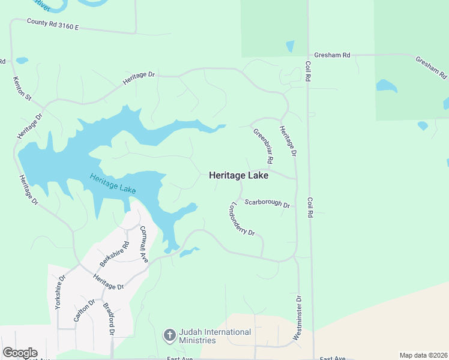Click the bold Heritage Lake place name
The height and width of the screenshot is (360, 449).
pos(238,176)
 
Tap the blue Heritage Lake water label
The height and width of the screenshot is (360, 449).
pos(113,183)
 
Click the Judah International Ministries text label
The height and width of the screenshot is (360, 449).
pos(215,336)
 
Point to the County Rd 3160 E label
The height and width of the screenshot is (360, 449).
pos(53,25)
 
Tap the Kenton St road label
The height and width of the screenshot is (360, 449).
pos(21,88)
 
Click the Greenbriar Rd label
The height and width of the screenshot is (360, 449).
pos(263,146)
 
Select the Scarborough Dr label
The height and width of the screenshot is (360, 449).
pos(267,203)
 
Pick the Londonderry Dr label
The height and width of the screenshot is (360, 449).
pos(242,218)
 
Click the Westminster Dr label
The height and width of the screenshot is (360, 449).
pos(297,318)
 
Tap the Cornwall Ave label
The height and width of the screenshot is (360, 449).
pos(144,244)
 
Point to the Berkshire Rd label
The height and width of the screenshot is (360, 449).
pos(115,254)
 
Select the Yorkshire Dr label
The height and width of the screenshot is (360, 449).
pos(59,294)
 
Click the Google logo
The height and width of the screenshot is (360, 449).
pos(19,353)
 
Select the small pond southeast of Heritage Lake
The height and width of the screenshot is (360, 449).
pos(188,251)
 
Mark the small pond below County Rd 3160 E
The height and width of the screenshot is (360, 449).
pos(22,61)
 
